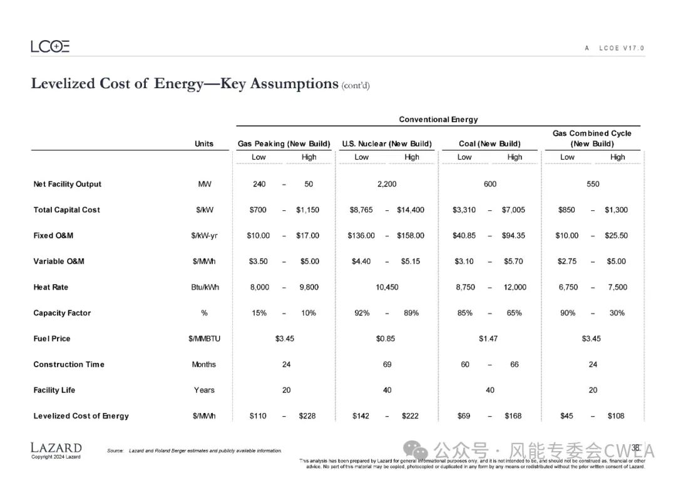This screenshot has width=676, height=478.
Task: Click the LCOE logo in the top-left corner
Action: pyautogui.click(x=50, y=46)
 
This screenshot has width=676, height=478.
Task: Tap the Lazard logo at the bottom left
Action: pyautogui.click(x=56, y=448)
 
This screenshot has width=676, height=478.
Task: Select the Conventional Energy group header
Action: pyautogui.click(x=438, y=119)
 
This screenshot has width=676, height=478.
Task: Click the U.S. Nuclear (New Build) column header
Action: pyautogui.click(x=387, y=144)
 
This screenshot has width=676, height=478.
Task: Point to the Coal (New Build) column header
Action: pyautogui.click(x=489, y=144)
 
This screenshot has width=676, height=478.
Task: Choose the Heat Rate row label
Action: pyautogui.click(x=51, y=287)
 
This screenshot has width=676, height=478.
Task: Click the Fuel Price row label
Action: pyautogui.click(x=52, y=338)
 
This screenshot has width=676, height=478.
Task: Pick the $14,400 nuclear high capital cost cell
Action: pyautogui.click(x=411, y=210)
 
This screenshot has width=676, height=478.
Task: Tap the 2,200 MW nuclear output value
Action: pyautogui.click(x=387, y=184)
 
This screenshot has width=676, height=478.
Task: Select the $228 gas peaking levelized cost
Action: pyautogui.click(x=309, y=416)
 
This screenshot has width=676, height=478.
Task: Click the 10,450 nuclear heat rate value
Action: pyautogui.click(x=387, y=287)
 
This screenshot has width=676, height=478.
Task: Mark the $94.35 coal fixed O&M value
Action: pyautogui.click(x=514, y=236)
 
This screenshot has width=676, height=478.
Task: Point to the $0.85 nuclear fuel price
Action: pyautogui.click(x=386, y=338)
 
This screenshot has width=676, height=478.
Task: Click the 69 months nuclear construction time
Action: pyautogui.click(x=387, y=364)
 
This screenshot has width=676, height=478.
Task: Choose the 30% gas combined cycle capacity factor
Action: pyautogui.click(x=617, y=313)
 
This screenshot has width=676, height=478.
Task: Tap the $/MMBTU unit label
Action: pyautogui.click(x=204, y=338)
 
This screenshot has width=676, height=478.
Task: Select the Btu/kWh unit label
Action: pyautogui.click(x=204, y=287)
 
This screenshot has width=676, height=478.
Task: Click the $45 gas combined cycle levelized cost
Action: pyautogui.click(x=566, y=416)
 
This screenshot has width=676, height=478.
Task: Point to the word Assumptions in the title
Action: pyautogui.click(x=294, y=84)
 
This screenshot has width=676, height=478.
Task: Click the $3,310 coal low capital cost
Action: pyautogui.click(x=464, y=210)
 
